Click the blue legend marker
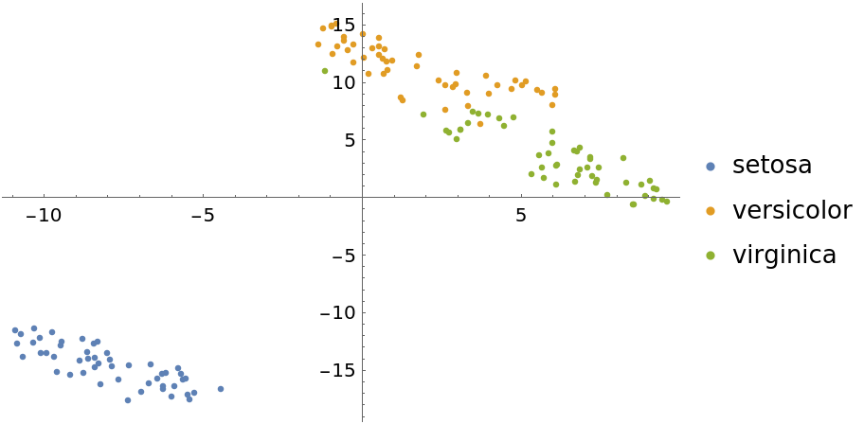711,167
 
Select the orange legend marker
711,211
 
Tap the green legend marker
711,256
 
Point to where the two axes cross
363,197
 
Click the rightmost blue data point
221,389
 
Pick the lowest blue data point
128,400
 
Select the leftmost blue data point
14,330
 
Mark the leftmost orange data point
318,44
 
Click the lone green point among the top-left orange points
325,71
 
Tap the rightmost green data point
667,202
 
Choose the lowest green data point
633,204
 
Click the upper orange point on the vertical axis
363,34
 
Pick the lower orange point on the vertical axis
364,58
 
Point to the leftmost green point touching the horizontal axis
607,195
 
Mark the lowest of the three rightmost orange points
552,105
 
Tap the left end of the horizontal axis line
2,197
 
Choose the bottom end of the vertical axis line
363,421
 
